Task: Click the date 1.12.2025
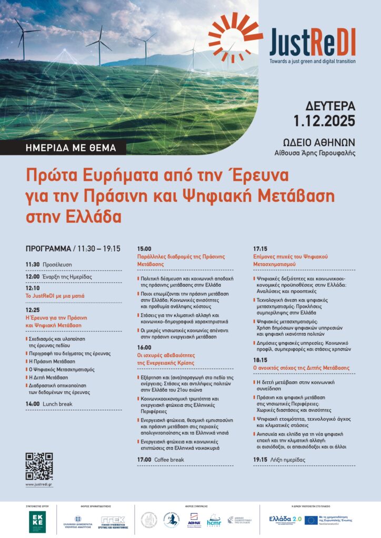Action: coord(325,121)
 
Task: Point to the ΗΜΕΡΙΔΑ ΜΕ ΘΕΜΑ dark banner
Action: coord(71,148)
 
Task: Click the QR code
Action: coord(39,465)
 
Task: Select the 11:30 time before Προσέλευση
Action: coord(32,264)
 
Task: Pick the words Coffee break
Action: coord(169,460)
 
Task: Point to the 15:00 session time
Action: coord(144,248)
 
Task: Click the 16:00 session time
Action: coord(144,347)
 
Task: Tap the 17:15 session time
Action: coord(261,248)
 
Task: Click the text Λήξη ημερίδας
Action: coord(287,460)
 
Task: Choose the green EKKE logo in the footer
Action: coord(37,521)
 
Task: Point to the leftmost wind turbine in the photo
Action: coord(22,35)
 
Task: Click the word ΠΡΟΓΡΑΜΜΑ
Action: coord(48,249)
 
